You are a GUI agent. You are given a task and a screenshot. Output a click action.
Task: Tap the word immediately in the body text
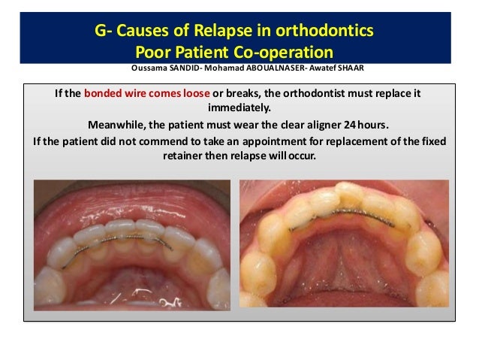(238, 108)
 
